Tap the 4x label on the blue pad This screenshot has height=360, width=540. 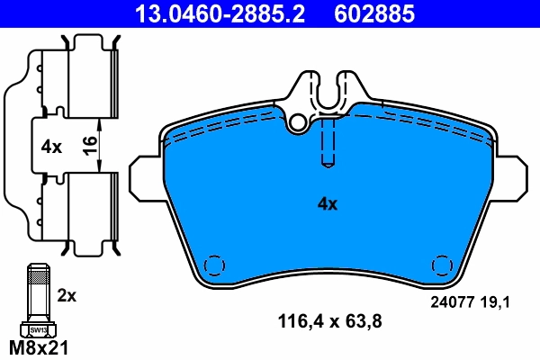coord(327,204)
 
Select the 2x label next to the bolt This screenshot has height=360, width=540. coord(68,294)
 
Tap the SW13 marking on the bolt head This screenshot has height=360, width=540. coord(39,330)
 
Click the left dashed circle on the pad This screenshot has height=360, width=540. coord(214,266)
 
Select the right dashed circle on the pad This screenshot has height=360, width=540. coord(441,266)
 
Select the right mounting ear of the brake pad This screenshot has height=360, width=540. coord(511,176)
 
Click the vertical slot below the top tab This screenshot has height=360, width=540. coord(328,144)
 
